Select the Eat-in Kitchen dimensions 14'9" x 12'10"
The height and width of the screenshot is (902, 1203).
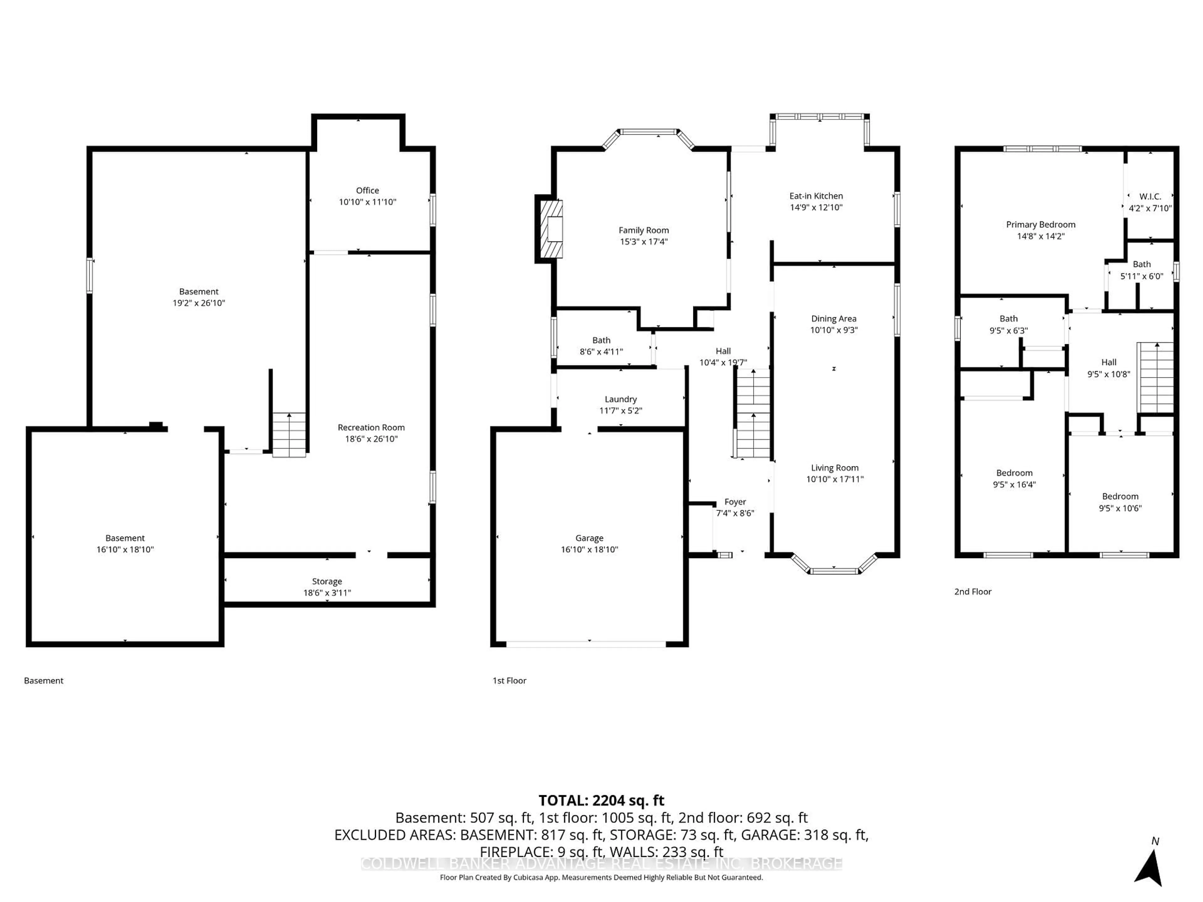coord(816,207)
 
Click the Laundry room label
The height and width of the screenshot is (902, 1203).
coord(621,399)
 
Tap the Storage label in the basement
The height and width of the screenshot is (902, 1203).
coord(327,581)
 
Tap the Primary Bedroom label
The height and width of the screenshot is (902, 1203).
coord(1040,225)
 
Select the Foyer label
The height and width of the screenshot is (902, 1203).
coord(735,502)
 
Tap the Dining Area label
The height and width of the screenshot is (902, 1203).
coord(833,319)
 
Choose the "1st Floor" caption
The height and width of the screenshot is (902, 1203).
coord(509,681)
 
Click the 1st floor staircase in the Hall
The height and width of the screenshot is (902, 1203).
coord(753,413)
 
